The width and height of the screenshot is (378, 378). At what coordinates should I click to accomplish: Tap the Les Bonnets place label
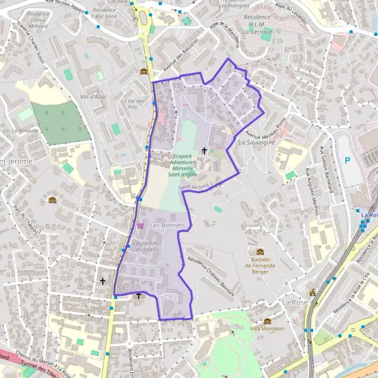(168, 225)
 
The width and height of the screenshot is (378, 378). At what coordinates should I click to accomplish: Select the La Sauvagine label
(256, 143)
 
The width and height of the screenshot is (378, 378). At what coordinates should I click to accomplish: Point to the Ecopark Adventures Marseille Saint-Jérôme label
(182, 165)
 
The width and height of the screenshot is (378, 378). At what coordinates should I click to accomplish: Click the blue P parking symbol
(347, 161)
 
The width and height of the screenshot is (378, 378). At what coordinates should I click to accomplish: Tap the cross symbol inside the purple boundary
(203, 151)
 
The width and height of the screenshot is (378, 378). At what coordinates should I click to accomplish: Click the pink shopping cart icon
(140, 225)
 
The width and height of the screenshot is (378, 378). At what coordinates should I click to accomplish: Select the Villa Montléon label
(268, 328)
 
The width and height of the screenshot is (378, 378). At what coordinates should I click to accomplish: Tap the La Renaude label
(25, 130)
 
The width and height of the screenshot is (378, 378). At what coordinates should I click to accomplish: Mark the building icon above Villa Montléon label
(267, 321)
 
